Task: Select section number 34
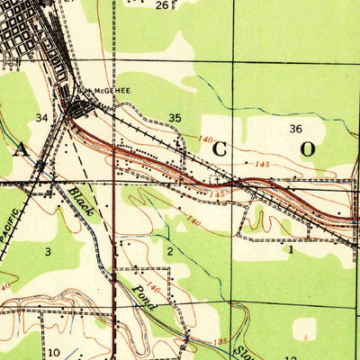[41, 118]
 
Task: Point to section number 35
[175, 117]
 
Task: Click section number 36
[295, 129]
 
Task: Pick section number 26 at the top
[161, 5]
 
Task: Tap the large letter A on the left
[19, 150]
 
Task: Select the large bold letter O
[307, 150]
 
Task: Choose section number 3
[48, 251]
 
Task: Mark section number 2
[169, 250]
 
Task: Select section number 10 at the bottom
[54, 352]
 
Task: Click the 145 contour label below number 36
[262, 163]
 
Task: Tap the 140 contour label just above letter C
[206, 139]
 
